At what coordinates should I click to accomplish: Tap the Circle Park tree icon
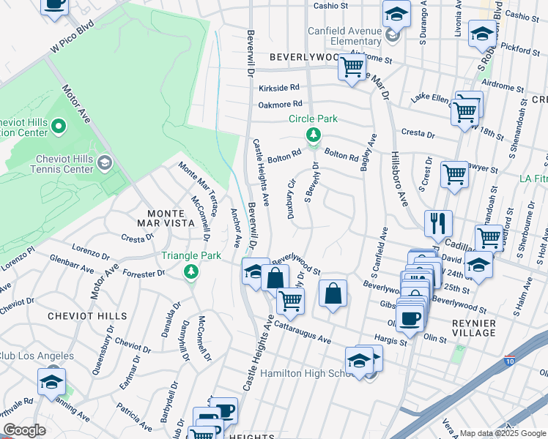pyautogui.click(x=313, y=135)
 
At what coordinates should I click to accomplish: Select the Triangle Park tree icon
pyautogui.click(x=191, y=272)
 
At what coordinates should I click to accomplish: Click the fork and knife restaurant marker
pyautogui.click(x=438, y=222)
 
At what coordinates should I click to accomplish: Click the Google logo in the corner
pyautogui.click(x=24, y=430)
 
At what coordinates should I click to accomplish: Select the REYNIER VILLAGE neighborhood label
pyautogui.click(x=475, y=328)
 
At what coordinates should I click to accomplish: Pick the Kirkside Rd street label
pyautogui.click(x=280, y=87)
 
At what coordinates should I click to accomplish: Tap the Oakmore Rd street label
pyautogui.click(x=280, y=105)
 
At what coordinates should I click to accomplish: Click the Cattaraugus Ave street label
pyautogui.click(x=303, y=333)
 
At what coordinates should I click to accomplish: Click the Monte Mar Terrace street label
pyautogui.click(x=197, y=187)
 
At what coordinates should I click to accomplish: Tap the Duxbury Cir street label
pyautogui.click(x=291, y=198)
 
